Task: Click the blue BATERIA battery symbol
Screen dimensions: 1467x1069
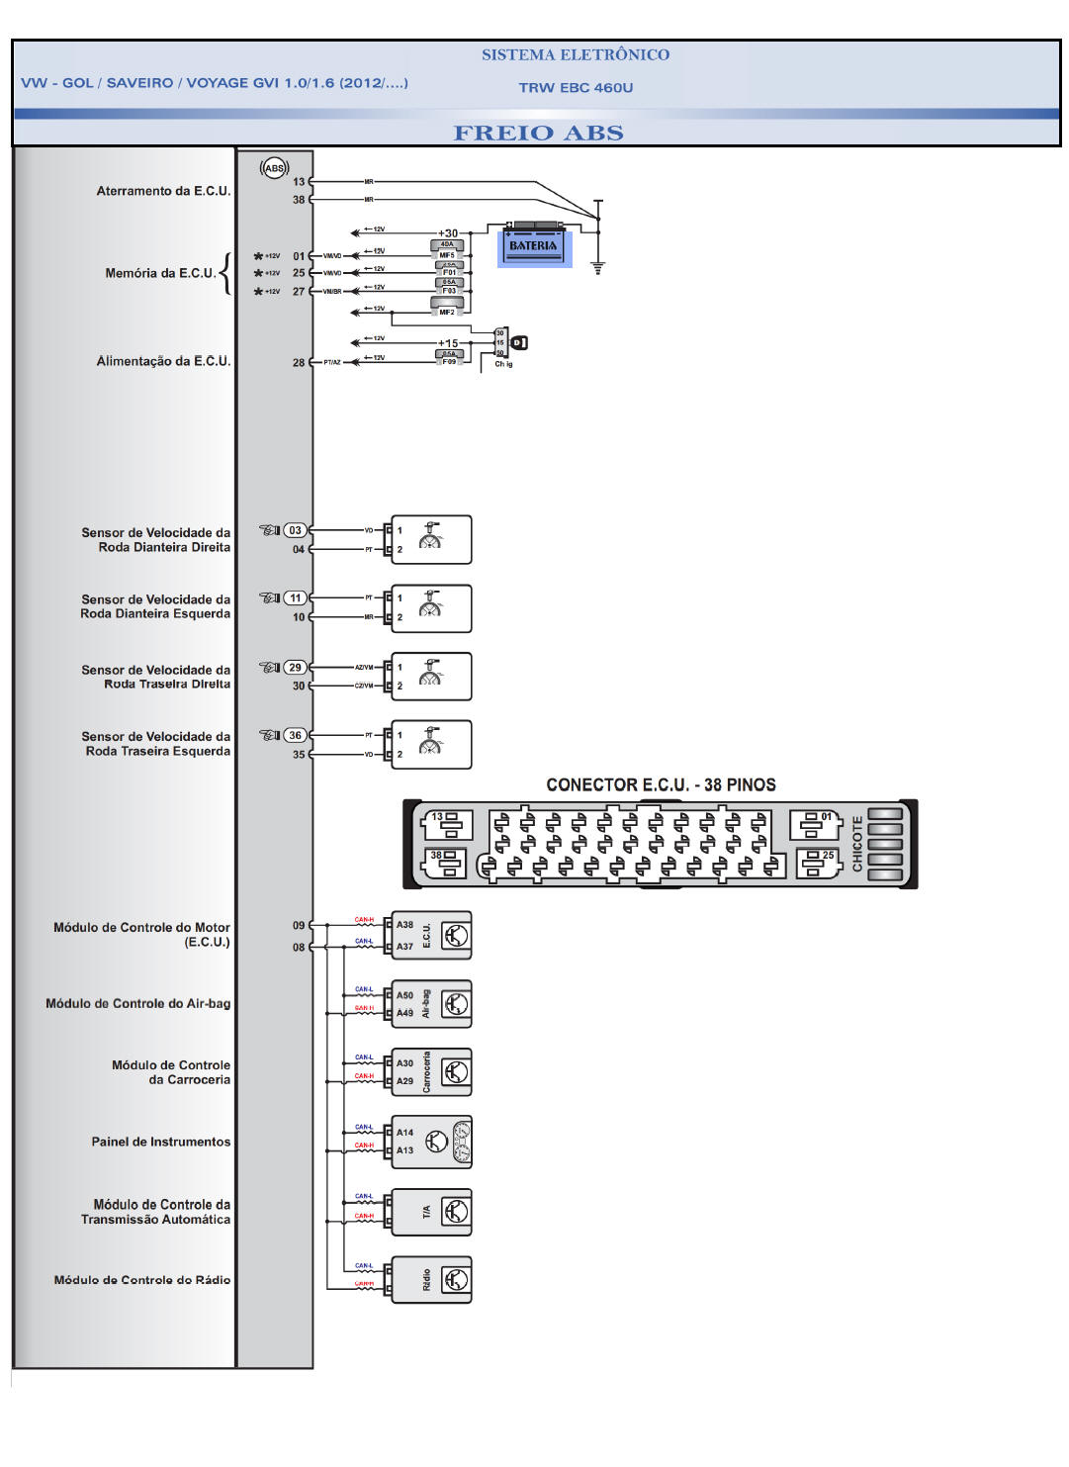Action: click(x=534, y=245)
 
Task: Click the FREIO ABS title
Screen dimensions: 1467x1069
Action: click(x=538, y=133)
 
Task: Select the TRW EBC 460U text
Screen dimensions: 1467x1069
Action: click(x=576, y=87)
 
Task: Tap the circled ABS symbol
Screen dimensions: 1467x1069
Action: click(x=274, y=168)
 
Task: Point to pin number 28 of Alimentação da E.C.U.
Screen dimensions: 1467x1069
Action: click(x=299, y=363)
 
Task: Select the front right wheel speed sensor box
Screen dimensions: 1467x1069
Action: click(x=431, y=540)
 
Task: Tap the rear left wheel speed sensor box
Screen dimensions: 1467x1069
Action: click(x=431, y=745)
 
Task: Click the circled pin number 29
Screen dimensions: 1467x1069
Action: click(x=295, y=668)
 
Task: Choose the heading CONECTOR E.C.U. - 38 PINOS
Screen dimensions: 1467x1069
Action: click(x=661, y=785)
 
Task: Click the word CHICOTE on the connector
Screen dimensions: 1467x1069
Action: click(x=857, y=844)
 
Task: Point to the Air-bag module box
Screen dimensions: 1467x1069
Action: click(x=431, y=1004)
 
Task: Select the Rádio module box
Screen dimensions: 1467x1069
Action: click(x=431, y=1280)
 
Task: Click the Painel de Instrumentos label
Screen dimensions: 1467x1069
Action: click(x=161, y=1142)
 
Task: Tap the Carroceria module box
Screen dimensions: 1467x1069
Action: click(x=431, y=1072)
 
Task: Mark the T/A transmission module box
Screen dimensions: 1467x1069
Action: click(x=431, y=1212)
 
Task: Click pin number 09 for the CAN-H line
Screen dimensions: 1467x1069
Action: click(x=299, y=926)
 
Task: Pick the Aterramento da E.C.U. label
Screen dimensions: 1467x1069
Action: click(x=163, y=191)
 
